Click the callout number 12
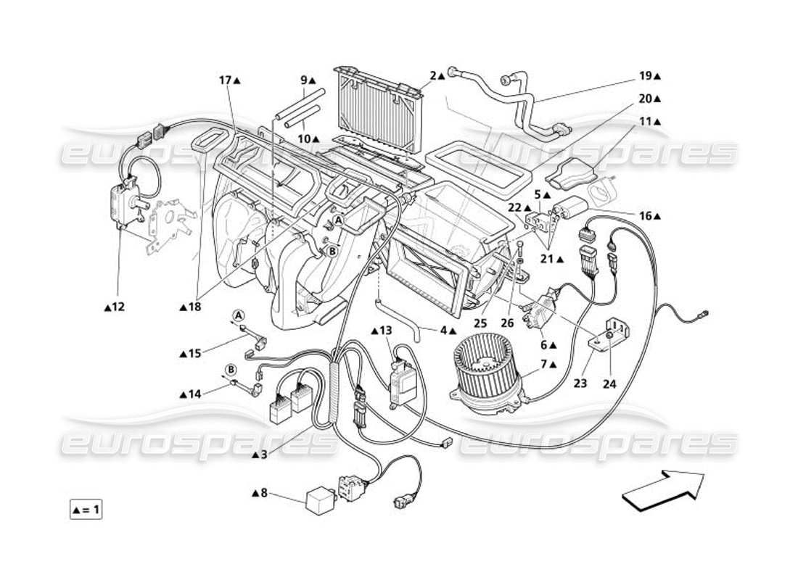[x=117, y=307]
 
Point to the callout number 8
[x=263, y=493]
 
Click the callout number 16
[x=647, y=215]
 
